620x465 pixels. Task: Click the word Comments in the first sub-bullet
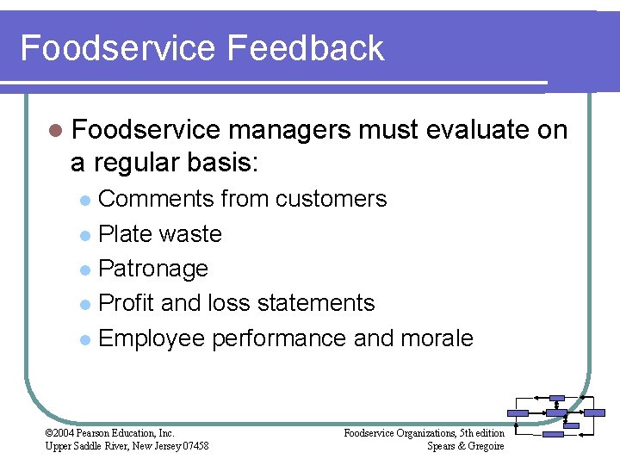(x=157, y=199)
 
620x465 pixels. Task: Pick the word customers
(x=332, y=199)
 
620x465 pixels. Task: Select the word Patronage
(x=153, y=269)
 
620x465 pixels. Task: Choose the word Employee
(x=152, y=338)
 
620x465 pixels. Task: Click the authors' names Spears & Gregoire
(x=465, y=445)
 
